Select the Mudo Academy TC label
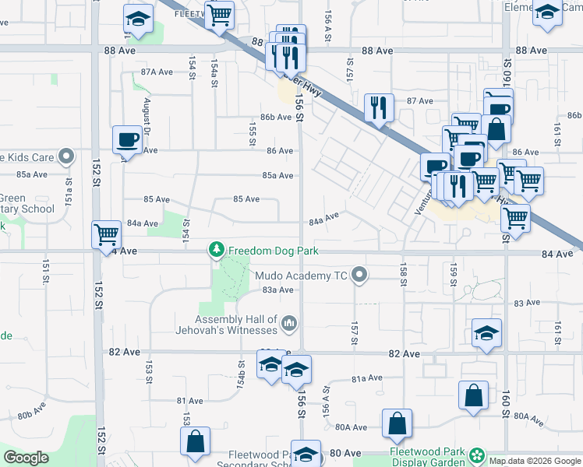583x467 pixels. click(305, 274)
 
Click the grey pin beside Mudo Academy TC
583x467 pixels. click(359, 274)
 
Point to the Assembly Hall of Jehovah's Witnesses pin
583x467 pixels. click(289, 322)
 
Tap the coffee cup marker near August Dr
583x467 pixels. click(127, 140)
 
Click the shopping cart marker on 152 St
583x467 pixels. click(105, 233)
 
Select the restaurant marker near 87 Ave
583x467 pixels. click(379, 108)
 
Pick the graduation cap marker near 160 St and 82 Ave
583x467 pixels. click(486, 334)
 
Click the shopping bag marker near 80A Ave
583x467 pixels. click(397, 423)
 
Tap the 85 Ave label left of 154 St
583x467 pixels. click(157, 199)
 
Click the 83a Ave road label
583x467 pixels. click(277, 290)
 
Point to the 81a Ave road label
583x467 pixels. click(366, 378)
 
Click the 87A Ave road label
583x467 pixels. click(156, 72)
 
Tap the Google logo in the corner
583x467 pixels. click(26, 458)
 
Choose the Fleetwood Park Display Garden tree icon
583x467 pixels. click(475, 454)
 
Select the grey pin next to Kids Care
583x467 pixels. click(66, 157)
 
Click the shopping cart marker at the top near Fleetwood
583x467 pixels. click(220, 13)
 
